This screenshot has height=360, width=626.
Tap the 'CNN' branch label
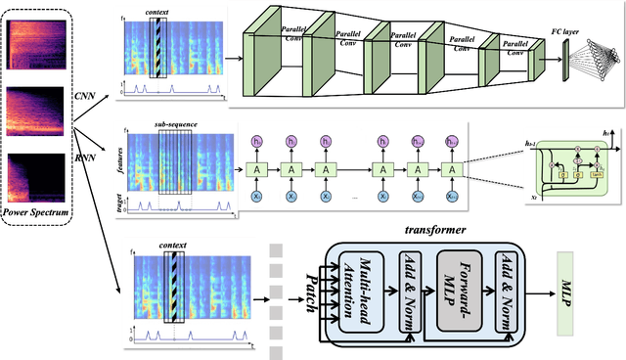click(86, 94)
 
